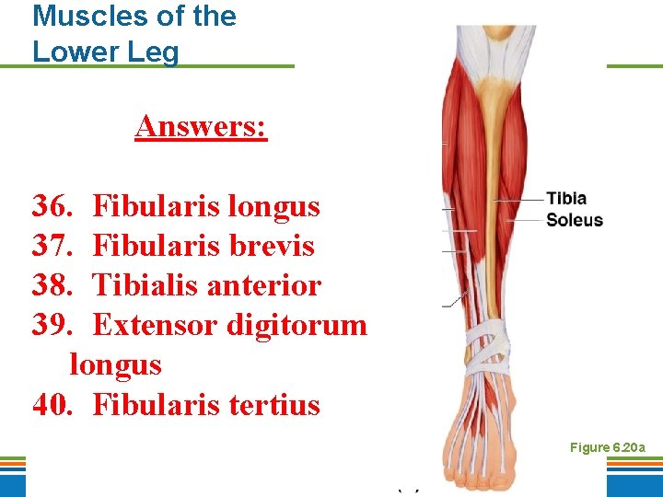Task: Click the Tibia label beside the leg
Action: (565, 199)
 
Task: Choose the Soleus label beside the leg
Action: (574, 220)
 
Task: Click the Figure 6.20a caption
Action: (607, 447)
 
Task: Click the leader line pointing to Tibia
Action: (520, 200)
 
